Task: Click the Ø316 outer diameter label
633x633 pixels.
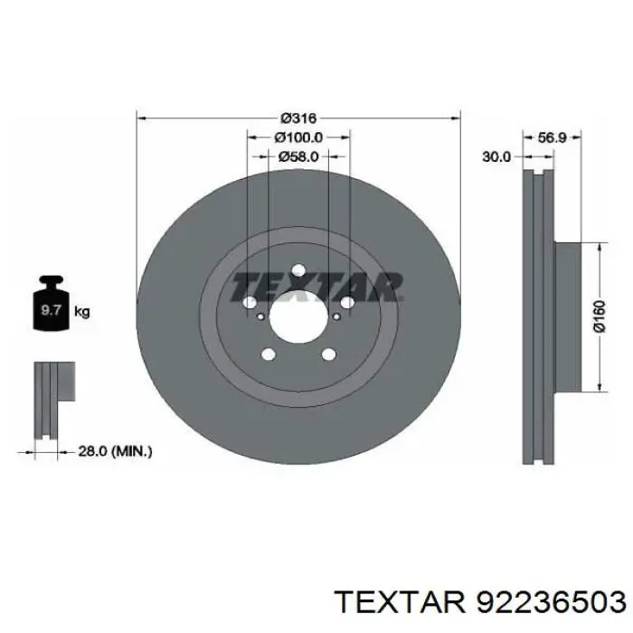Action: point(298,118)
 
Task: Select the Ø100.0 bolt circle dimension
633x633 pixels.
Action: point(298,137)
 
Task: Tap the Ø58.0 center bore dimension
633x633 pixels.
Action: point(298,156)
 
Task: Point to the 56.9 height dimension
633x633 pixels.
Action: point(553,137)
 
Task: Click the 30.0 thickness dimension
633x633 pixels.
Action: point(496,156)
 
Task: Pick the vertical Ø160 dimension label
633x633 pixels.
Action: point(600,316)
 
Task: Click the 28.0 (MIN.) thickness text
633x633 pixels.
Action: point(115,451)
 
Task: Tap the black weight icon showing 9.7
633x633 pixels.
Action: point(51,303)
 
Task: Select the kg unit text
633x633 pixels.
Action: point(82,312)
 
